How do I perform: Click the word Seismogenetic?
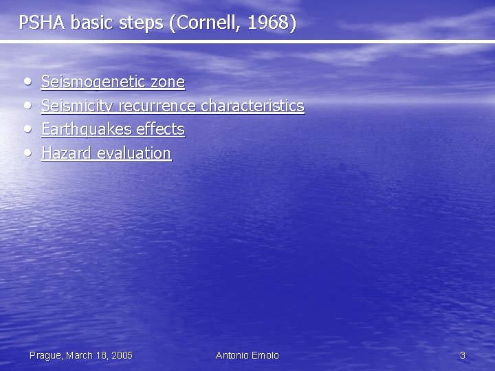point(93,82)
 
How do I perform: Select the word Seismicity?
point(78,106)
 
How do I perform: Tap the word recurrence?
point(157,106)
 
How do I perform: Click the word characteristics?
point(252,106)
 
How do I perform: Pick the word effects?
point(159,129)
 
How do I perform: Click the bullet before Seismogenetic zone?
point(26,82)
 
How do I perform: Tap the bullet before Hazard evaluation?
point(26,152)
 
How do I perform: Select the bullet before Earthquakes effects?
point(26,128)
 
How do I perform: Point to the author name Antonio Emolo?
point(247,355)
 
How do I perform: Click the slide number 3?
point(463,355)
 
